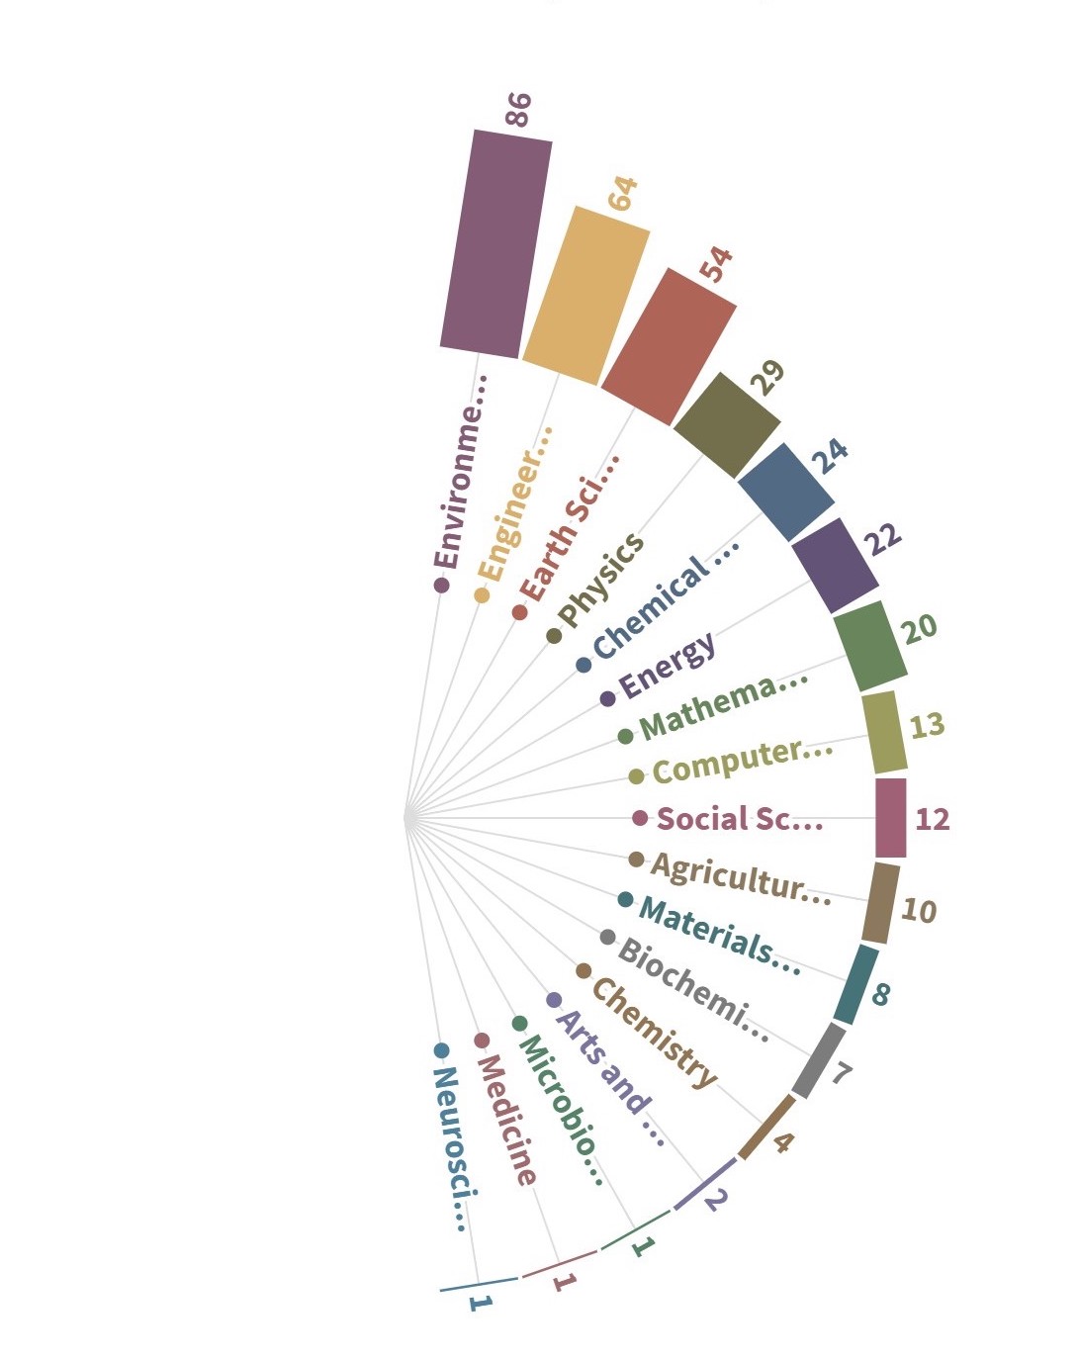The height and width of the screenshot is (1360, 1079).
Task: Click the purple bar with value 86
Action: [495, 243]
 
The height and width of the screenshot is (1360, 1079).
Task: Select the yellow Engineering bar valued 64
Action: [585, 295]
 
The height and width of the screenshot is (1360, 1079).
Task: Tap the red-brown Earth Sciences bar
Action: [669, 346]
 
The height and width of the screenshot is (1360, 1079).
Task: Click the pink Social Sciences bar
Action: [890, 818]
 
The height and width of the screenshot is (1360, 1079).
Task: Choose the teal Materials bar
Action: [855, 985]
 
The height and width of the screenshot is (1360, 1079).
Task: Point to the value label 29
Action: [767, 378]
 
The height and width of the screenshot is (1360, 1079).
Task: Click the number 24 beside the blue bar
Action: [830, 455]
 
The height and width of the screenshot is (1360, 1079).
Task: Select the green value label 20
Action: [920, 627]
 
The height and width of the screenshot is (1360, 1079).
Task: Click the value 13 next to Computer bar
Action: [927, 726]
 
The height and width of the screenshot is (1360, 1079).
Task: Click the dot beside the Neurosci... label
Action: [441, 1050]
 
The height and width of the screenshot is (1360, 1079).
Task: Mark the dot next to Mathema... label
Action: [625, 736]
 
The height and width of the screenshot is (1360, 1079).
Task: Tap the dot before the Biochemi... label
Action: [607, 937]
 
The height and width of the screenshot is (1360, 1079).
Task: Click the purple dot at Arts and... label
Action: [554, 1000]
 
